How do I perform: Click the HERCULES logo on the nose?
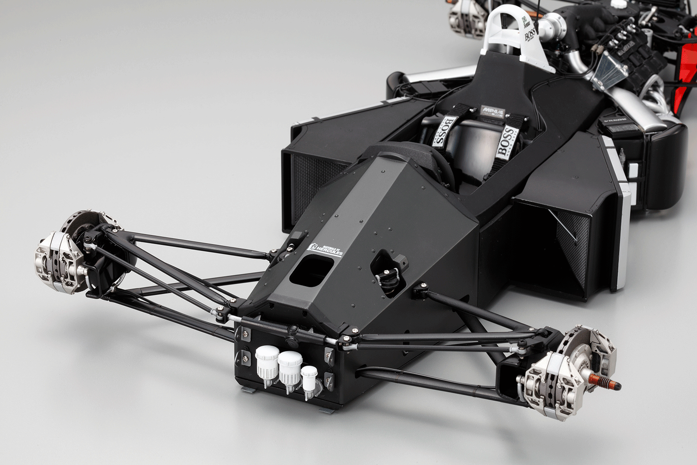pyautogui.click(x=325, y=249)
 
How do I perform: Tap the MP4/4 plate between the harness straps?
pyautogui.click(x=492, y=112)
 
